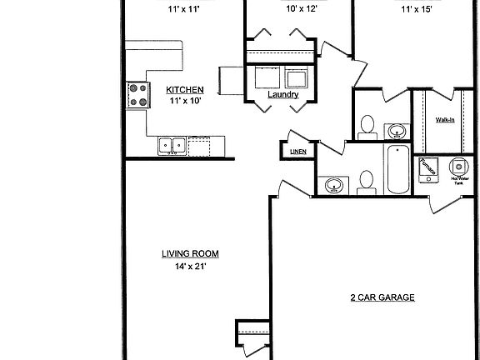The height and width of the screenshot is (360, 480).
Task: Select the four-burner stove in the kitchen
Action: [x=137, y=93]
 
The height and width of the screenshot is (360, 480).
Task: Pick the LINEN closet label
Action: [x=297, y=152]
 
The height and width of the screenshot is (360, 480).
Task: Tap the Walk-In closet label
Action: [x=446, y=121]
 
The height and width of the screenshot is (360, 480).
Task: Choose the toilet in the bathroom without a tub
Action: [x=365, y=127]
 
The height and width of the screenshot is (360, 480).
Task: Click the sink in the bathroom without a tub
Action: [x=397, y=131]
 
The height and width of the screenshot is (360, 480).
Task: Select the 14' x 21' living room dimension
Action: [x=185, y=267]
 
